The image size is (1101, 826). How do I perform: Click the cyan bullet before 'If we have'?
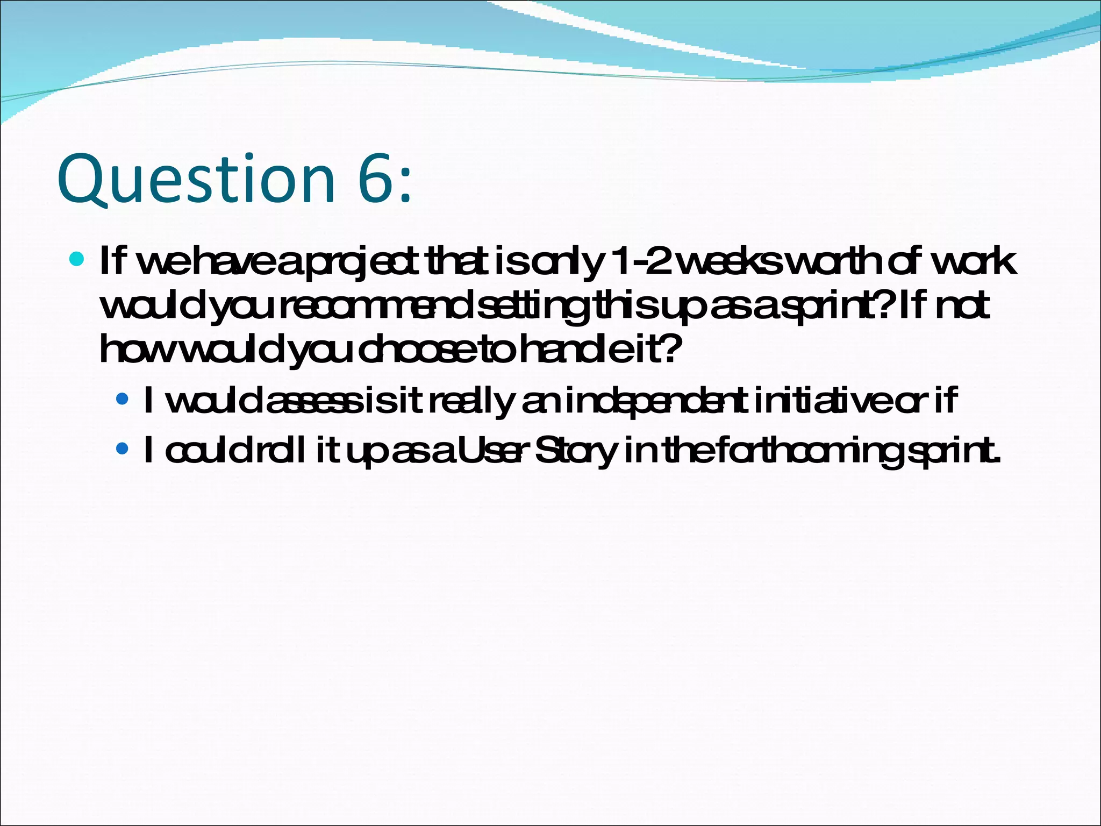click(x=77, y=259)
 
